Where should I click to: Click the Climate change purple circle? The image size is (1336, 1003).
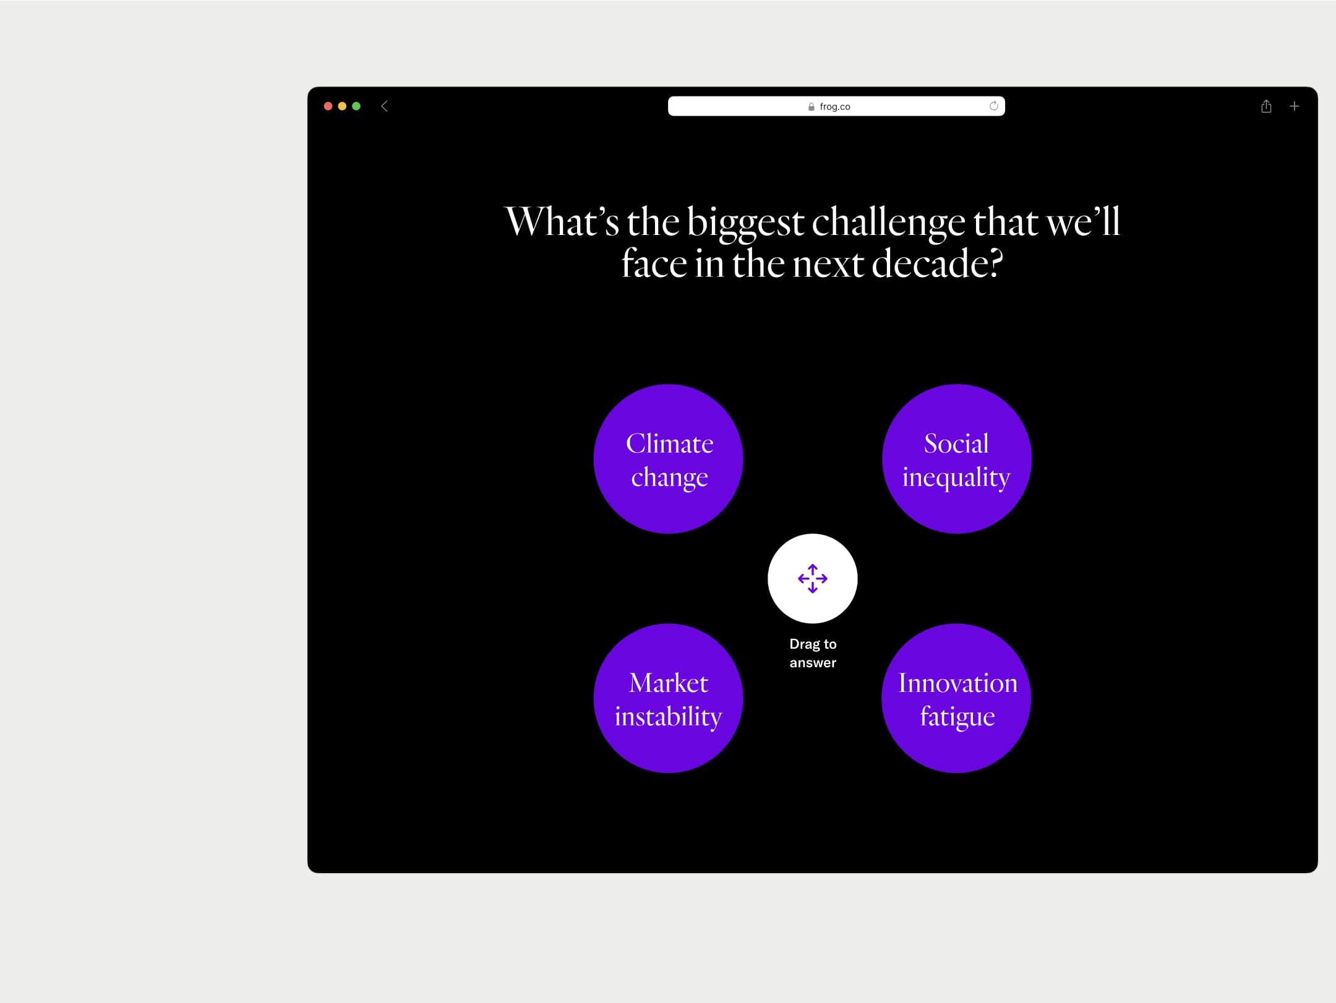click(668, 459)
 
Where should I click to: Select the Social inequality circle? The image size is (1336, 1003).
click(957, 459)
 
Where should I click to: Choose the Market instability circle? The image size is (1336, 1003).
click(668, 698)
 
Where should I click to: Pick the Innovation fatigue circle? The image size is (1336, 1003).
click(956, 698)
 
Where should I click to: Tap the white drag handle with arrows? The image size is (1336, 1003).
click(813, 579)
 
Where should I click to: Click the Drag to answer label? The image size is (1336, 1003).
click(813, 653)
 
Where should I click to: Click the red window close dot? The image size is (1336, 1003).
click(328, 106)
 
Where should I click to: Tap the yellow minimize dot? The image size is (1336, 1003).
click(342, 106)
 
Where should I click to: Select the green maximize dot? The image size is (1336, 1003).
click(356, 106)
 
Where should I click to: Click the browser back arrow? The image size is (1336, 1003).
click(384, 106)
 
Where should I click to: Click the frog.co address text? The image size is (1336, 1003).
click(835, 107)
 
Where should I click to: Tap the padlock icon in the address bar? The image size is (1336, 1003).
click(811, 107)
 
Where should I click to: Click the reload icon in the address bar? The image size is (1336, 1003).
click(994, 106)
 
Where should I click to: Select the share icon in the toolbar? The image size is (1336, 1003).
click(1266, 106)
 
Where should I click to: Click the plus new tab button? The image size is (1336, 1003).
click(1294, 106)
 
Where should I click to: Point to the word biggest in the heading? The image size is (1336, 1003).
click(745, 223)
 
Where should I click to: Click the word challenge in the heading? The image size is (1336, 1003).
click(888, 223)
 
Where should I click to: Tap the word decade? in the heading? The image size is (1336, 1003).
click(937, 264)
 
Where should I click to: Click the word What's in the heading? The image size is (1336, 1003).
click(562, 221)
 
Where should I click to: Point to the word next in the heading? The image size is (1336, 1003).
click(829, 265)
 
